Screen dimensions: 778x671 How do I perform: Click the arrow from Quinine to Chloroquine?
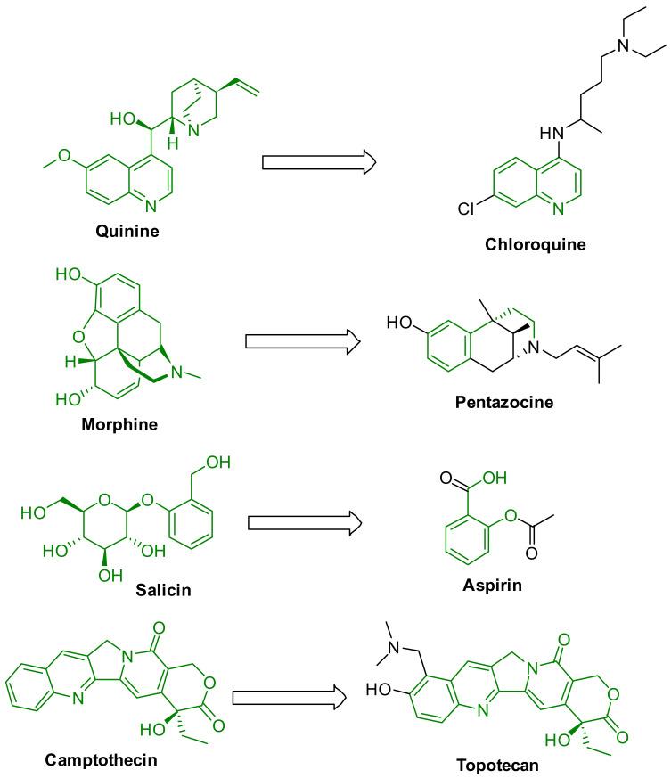pyautogui.click(x=318, y=162)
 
